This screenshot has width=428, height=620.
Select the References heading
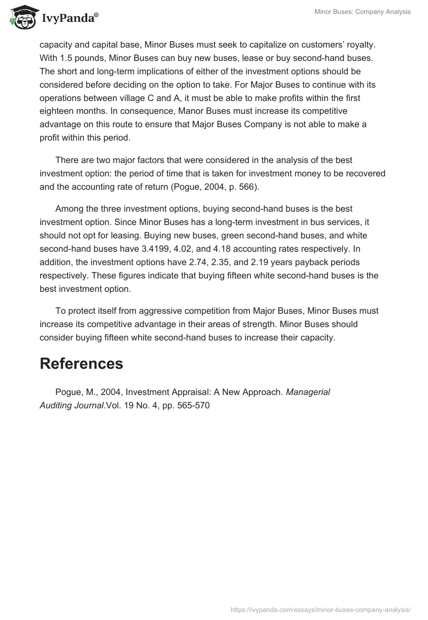click(81, 363)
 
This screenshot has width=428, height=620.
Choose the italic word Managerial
click(308, 392)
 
